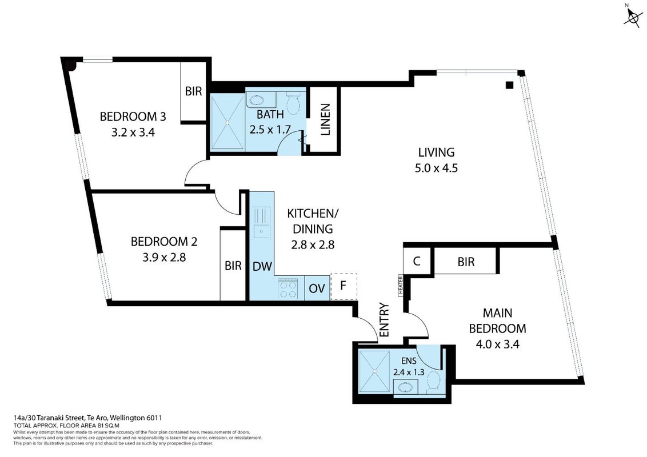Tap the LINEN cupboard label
[326, 119]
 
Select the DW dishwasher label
[262, 266]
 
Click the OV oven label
[317, 288]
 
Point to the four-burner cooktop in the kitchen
[289, 288]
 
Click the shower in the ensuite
[374, 372]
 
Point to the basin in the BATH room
[261, 100]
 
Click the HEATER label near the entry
[400, 285]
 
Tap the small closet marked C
[417, 261]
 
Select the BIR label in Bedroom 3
[193, 91]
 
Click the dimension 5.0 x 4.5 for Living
[436, 169]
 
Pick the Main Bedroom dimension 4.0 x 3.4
[498, 344]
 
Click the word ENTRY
[384, 320]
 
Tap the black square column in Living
[510, 85]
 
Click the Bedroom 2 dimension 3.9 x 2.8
[164, 258]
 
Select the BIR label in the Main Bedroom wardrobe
[466, 262]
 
